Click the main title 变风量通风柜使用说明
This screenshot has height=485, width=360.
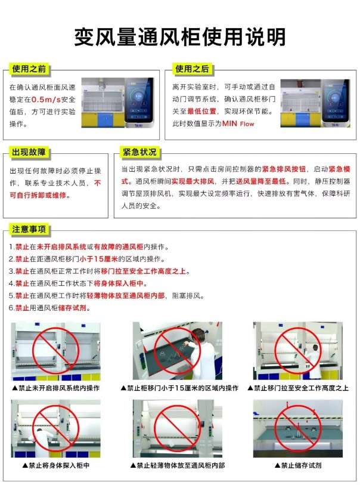[x=179, y=37]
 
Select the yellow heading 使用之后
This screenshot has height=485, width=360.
[x=192, y=69]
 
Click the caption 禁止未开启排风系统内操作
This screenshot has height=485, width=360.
[x=56, y=388]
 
